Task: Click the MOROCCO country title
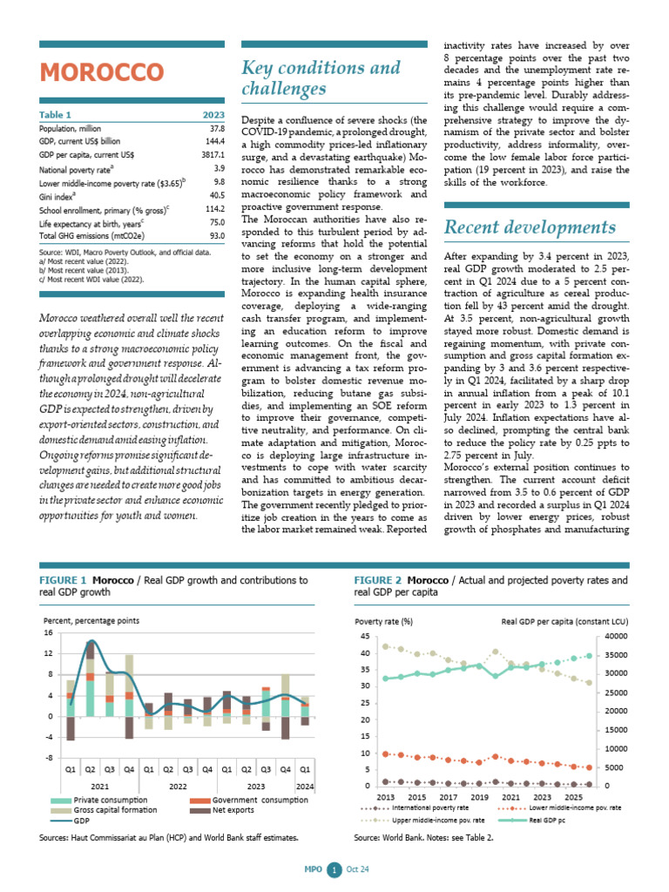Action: pos(101,71)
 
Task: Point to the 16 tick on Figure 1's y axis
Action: pos(48,632)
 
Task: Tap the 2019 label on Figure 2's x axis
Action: pos(480,797)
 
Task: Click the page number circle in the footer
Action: pos(334,869)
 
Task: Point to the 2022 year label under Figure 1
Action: pos(178,787)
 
